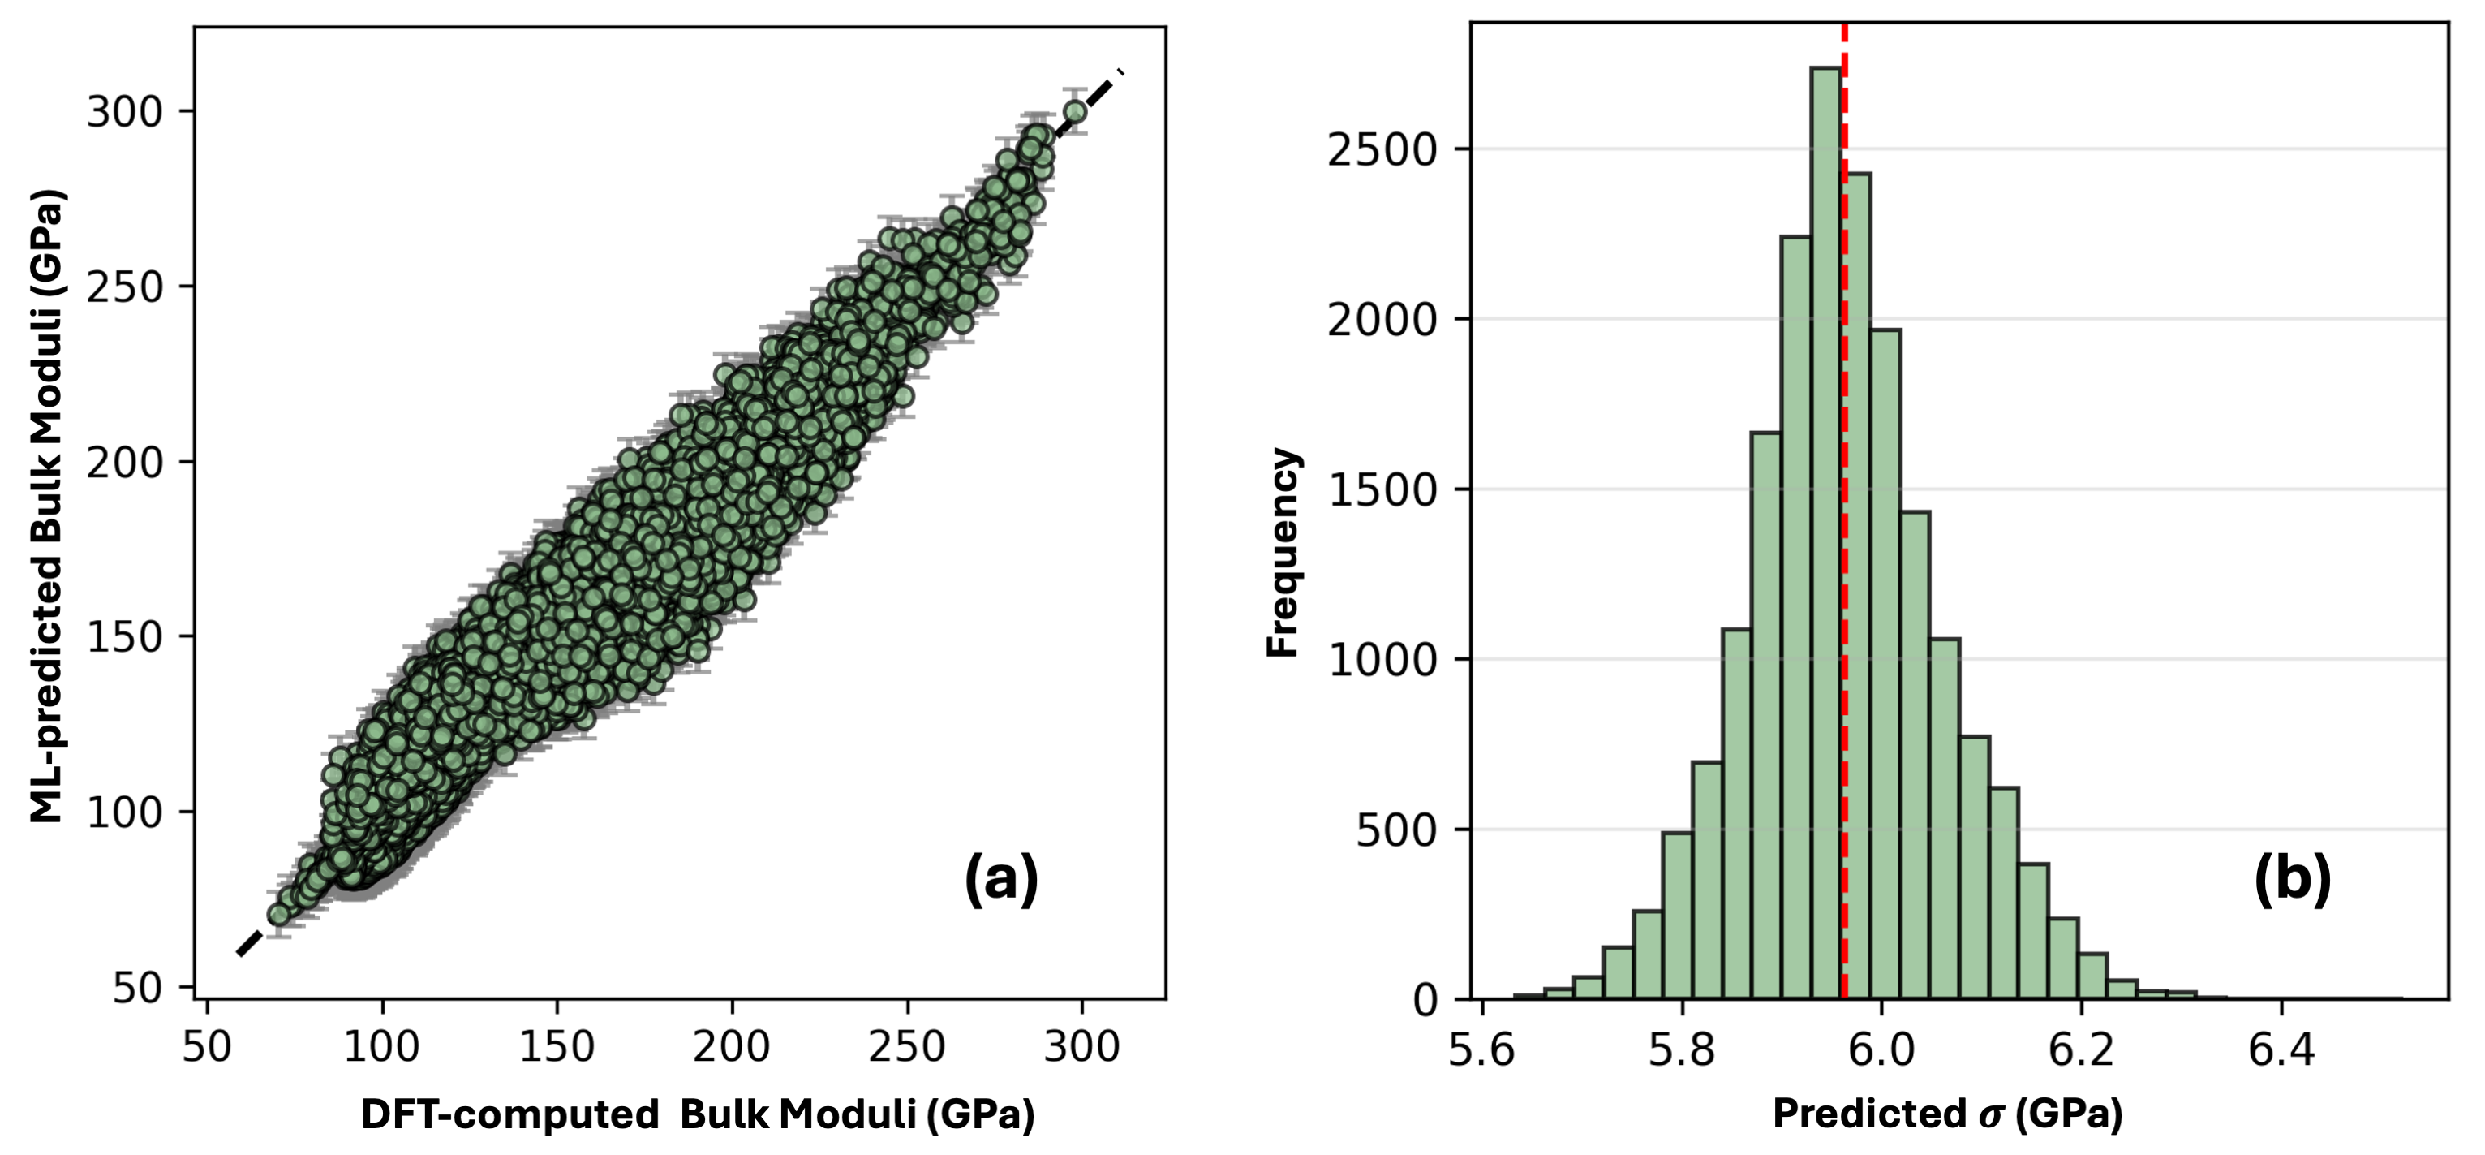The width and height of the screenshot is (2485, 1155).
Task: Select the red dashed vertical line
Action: (x=1843, y=579)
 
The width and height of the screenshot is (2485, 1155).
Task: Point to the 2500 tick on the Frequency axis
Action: (x=1382, y=150)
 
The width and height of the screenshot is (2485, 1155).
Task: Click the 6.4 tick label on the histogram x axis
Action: (x=2281, y=1049)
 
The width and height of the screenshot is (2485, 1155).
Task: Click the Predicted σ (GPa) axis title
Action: (x=1948, y=1114)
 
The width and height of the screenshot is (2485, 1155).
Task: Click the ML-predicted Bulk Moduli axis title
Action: (x=46, y=506)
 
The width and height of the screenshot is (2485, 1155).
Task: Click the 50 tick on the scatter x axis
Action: (x=206, y=1047)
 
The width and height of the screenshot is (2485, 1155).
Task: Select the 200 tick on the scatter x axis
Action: (x=731, y=1047)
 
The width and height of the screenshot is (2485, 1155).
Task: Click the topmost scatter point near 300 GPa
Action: (x=1075, y=112)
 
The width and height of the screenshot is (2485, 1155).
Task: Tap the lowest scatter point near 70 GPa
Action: (x=279, y=914)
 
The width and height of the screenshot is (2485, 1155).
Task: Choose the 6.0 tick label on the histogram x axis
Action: (x=1881, y=1049)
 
